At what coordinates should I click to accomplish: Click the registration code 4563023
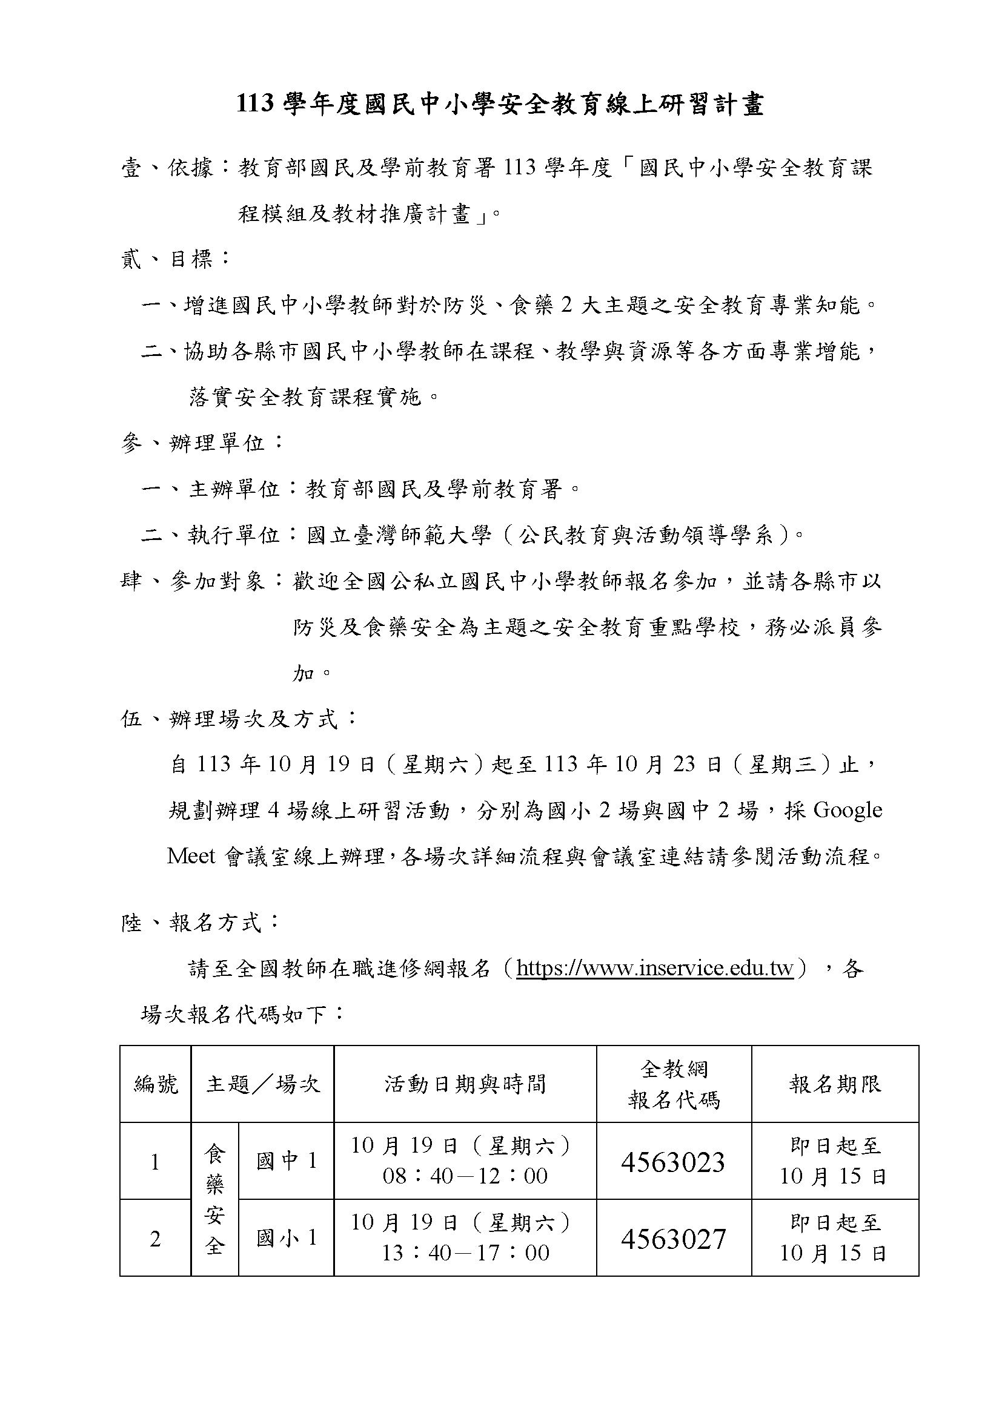[672, 1162]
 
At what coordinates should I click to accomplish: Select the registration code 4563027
[672, 1239]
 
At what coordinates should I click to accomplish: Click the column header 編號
[156, 1084]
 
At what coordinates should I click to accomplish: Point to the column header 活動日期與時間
[465, 1084]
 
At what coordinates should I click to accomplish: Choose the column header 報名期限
[835, 1084]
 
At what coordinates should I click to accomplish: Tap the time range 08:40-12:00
[465, 1176]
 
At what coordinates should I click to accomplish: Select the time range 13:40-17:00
[465, 1253]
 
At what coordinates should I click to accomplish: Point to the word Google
[848, 810]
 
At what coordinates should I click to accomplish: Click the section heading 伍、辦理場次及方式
[237, 719]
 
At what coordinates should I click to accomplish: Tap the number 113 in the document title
[255, 105]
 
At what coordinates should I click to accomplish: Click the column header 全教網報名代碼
[674, 1084]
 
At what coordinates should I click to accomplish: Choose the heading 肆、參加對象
[201, 581]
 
